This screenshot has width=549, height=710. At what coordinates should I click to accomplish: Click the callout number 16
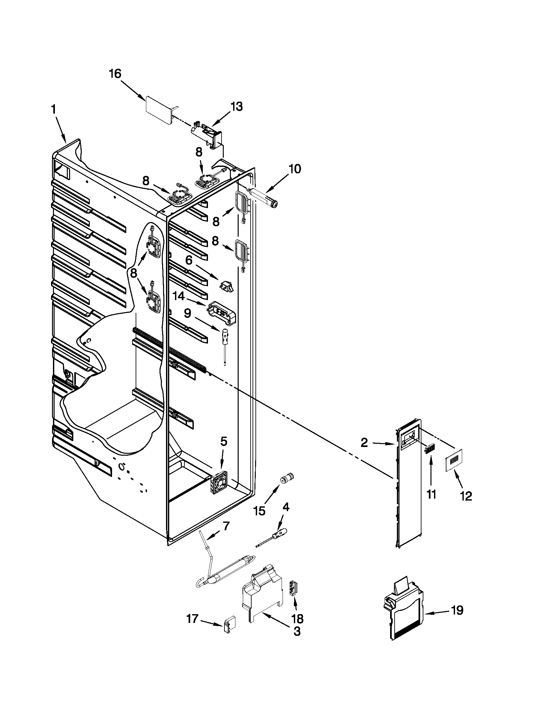[115, 74]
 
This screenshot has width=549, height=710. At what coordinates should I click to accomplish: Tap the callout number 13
[236, 106]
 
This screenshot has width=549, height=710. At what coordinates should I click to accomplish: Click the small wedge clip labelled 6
[228, 286]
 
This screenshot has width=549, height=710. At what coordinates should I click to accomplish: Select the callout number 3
[296, 631]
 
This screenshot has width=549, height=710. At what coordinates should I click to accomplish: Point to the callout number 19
[457, 611]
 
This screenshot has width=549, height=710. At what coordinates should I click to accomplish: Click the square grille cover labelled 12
[454, 460]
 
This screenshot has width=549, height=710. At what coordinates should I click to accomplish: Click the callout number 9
[187, 313]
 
